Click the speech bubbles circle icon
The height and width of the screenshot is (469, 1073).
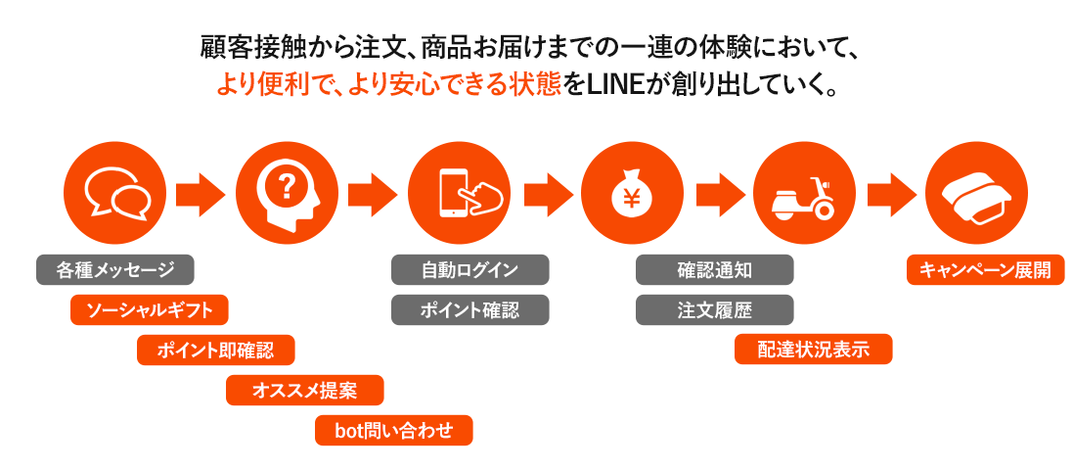pyautogui.click(x=114, y=193)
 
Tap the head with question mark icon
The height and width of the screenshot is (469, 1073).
pyautogui.click(x=287, y=193)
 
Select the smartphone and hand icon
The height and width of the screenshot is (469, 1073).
pyautogui.click(x=460, y=193)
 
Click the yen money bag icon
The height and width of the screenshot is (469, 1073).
pyautogui.click(x=632, y=193)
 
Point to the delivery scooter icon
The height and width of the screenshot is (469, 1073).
pyautogui.click(x=804, y=193)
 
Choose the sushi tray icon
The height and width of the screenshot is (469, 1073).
pyautogui.click(x=976, y=193)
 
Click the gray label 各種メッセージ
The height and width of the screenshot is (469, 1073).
pyautogui.click(x=115, y=270)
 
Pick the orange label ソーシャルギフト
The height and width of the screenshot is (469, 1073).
pyautogui.click(x=150, y=310)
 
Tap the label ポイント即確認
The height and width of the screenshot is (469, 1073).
pyautogui.click(x=216, y=351)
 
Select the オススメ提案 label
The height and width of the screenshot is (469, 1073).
pyautogui.click(x=304, y=391)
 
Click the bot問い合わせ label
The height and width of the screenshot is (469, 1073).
pyautogui.click(x=393, y=431)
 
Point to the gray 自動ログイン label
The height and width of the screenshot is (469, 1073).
pyautogui.click(x=470, y=270)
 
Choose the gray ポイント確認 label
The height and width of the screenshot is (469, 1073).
pyautogui.click(x=470, y=310)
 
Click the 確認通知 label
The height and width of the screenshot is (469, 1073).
pyautogui.click(x=715, y=270)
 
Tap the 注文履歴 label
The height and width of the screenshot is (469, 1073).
pyautogui.click(x=715, y=310)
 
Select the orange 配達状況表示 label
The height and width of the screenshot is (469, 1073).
pyautogui.click(x=814, y=351)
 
